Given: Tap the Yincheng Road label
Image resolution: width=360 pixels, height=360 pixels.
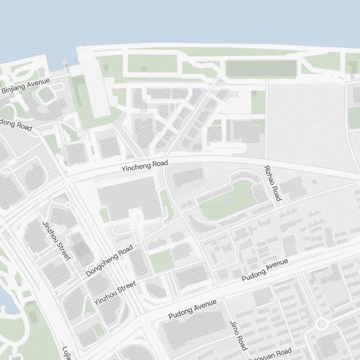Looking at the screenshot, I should (144, 166).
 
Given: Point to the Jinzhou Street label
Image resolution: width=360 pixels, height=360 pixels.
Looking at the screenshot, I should (56, 240).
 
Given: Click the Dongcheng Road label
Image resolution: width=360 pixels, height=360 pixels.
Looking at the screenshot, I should (109, 261).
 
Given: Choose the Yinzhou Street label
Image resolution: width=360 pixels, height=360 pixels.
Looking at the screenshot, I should (115, 293).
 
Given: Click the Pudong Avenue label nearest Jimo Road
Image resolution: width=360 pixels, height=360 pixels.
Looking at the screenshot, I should (193, 309).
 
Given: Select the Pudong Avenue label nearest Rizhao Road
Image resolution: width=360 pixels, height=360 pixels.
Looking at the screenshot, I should (265, 270).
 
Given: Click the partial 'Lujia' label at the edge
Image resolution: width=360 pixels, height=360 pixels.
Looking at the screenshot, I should (66, 353).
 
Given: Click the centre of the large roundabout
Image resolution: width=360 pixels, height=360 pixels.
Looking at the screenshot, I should (321, 324).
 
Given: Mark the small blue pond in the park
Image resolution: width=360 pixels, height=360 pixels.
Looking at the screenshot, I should (228, 200).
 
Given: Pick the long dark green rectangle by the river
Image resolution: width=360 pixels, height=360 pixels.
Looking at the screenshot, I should (261, 68).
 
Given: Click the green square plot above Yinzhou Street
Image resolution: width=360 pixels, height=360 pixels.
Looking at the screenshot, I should (161, 261).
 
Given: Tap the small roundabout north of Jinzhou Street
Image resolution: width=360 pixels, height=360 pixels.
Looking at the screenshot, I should (67, 205).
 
